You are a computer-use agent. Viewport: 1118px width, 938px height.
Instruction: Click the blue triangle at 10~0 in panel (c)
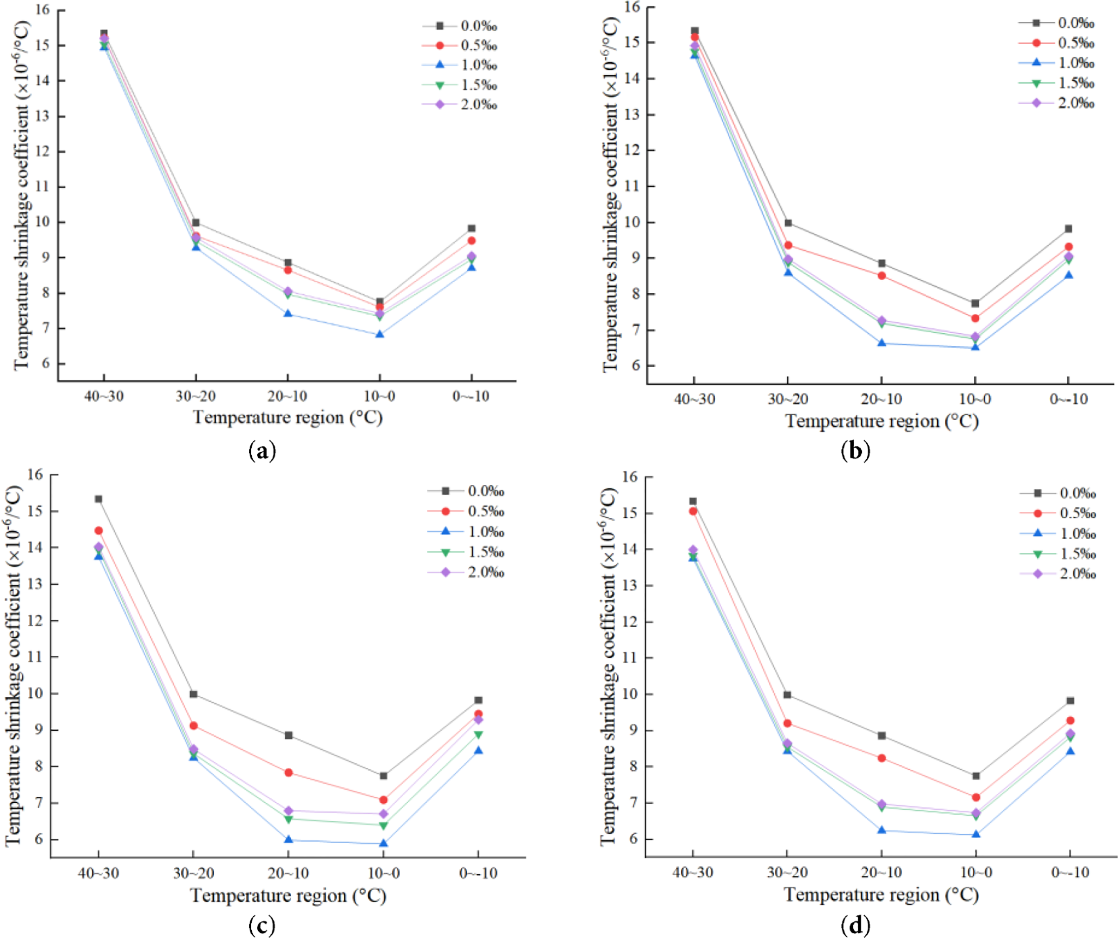coord(383,844)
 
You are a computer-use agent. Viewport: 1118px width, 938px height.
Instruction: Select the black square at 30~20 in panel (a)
coord(196,223)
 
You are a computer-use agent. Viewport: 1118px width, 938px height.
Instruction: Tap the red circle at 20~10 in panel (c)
coord(288,773)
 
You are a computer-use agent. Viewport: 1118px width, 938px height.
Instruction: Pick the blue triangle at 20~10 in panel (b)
coord(882,343)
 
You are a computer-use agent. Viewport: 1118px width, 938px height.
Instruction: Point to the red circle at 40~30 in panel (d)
coord(693,511)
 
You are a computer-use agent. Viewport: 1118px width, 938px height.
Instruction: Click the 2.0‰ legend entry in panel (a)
coord(478,105)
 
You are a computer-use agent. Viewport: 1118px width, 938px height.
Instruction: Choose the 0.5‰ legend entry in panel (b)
coord(1075,43)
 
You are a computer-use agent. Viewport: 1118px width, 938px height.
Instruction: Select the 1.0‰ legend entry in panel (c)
coord(485,532)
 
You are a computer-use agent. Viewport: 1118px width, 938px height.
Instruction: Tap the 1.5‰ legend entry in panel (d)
coord(1078,554)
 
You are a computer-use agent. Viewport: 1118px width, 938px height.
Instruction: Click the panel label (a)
coord(262,452)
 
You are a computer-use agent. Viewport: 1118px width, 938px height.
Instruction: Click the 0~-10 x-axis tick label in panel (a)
coord(471,396)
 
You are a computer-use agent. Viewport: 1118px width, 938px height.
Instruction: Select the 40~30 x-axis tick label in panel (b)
coord(694,399)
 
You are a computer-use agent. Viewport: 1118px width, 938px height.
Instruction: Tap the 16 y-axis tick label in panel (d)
coord(629,477)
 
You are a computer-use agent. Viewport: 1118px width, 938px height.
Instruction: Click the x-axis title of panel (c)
coord(288,895)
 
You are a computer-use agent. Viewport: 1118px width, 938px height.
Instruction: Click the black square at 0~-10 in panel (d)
coord(1070,701)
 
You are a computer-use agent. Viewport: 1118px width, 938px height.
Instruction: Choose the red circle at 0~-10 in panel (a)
coord(471,241)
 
